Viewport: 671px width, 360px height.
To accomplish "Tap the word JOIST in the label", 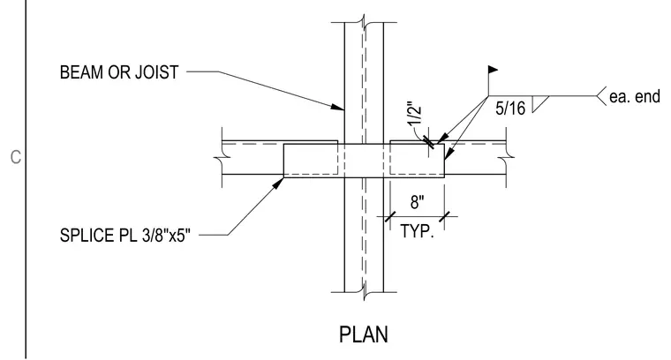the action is click(156, 72).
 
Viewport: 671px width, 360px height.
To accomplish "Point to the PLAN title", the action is click(364, 334).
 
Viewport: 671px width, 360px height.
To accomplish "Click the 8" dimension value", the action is click(418, 202).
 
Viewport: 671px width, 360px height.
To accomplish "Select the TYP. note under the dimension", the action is click(418, 231).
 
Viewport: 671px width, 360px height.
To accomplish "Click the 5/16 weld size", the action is click(510, 109).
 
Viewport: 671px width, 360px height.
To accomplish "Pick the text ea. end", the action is click(635, 97).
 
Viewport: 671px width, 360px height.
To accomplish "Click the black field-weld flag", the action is click(493, 69).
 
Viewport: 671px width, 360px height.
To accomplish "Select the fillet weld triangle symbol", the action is click(540, 104).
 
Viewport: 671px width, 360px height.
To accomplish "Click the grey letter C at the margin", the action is click(15, 157).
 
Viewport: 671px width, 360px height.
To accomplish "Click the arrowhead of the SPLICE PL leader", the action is click(279, 183).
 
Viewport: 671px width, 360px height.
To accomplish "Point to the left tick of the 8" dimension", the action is click(390, 216).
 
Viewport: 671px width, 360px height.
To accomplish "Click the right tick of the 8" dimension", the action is click(445, 216).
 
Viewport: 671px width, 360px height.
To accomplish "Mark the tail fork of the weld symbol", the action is click(601, 96).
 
